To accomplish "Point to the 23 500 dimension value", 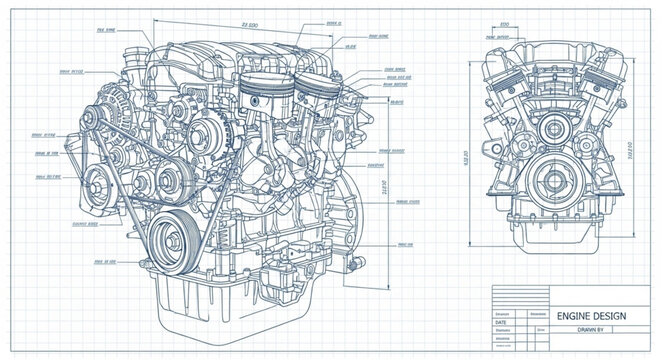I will [237, 22].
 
